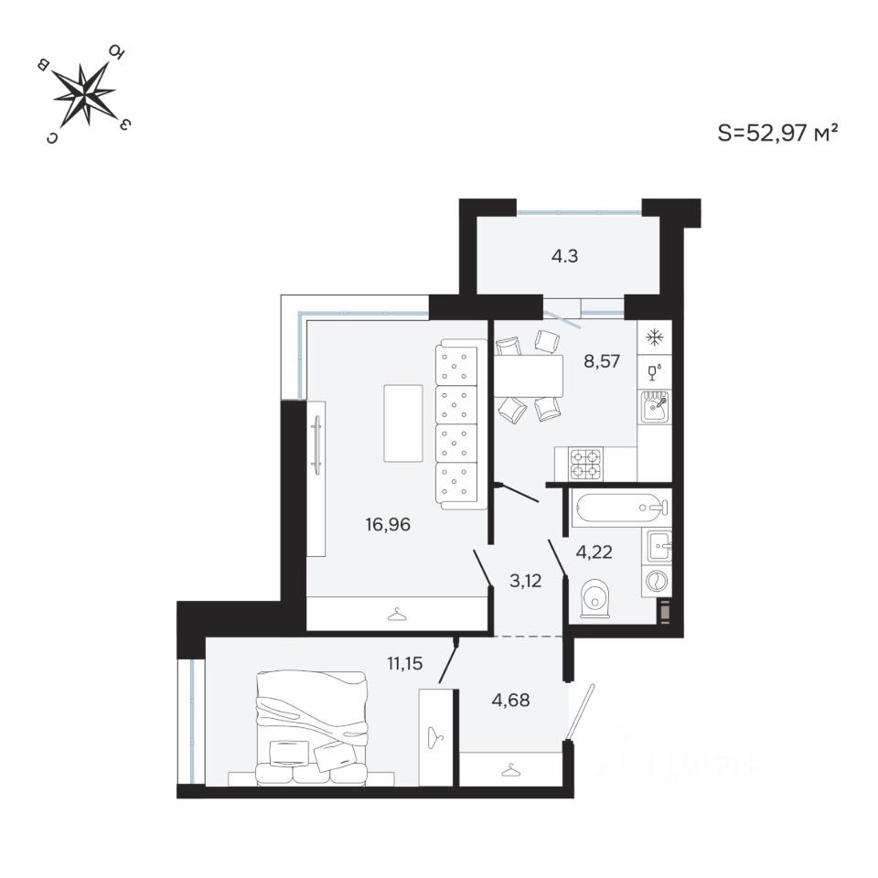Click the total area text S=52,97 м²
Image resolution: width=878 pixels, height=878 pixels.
click(x=778, y=134)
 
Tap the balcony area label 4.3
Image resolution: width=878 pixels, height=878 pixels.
click(x=563, y=256)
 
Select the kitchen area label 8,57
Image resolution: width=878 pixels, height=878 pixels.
click(x=602, y=360)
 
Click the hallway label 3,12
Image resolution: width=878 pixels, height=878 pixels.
click(x=524, y=578)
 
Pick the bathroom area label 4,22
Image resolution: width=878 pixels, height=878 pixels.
click(x=593, y=551)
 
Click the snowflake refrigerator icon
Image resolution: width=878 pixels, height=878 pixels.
click(x=655, y=337)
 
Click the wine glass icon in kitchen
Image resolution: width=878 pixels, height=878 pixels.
click(x=655, y=371)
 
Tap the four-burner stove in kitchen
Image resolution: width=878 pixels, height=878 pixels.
click(x=585, y=464)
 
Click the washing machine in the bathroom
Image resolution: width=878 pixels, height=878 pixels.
click(x=658, y=580)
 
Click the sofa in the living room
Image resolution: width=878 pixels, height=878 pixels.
click(x=458, y=424)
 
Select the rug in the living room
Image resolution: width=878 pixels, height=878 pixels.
click(x=403, y=423)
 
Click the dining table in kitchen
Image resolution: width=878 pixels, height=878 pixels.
click(x=529, y=375)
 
